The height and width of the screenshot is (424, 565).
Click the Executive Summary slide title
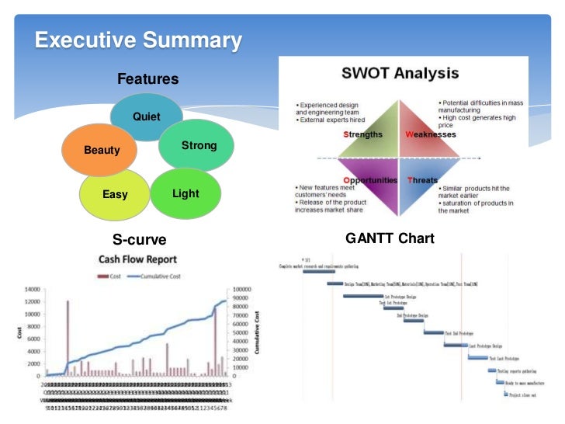tap(138, 40)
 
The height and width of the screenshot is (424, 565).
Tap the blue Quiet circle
tap(146, 116)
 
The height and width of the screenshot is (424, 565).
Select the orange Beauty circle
tap(102, 149)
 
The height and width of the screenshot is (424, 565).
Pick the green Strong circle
tap(198, 145)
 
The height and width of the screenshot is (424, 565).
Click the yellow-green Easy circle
tap(115, 193)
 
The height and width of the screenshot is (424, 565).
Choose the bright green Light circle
tap(185, 193)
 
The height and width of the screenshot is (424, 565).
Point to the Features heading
tap(147, 79)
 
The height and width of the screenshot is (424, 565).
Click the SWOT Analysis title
tap(400, 75)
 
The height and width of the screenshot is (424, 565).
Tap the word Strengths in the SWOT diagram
tap(362, 134)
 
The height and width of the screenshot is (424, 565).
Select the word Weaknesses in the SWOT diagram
tap(431, 134)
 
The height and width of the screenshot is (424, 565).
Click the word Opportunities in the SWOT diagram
tap(370, 180)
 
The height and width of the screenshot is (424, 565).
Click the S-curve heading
tap(140, 238)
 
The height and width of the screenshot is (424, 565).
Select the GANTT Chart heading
tap(390, 238)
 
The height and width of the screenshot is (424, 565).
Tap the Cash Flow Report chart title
tap(137, 259)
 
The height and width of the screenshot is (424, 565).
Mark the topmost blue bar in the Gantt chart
tap(318, 272)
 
